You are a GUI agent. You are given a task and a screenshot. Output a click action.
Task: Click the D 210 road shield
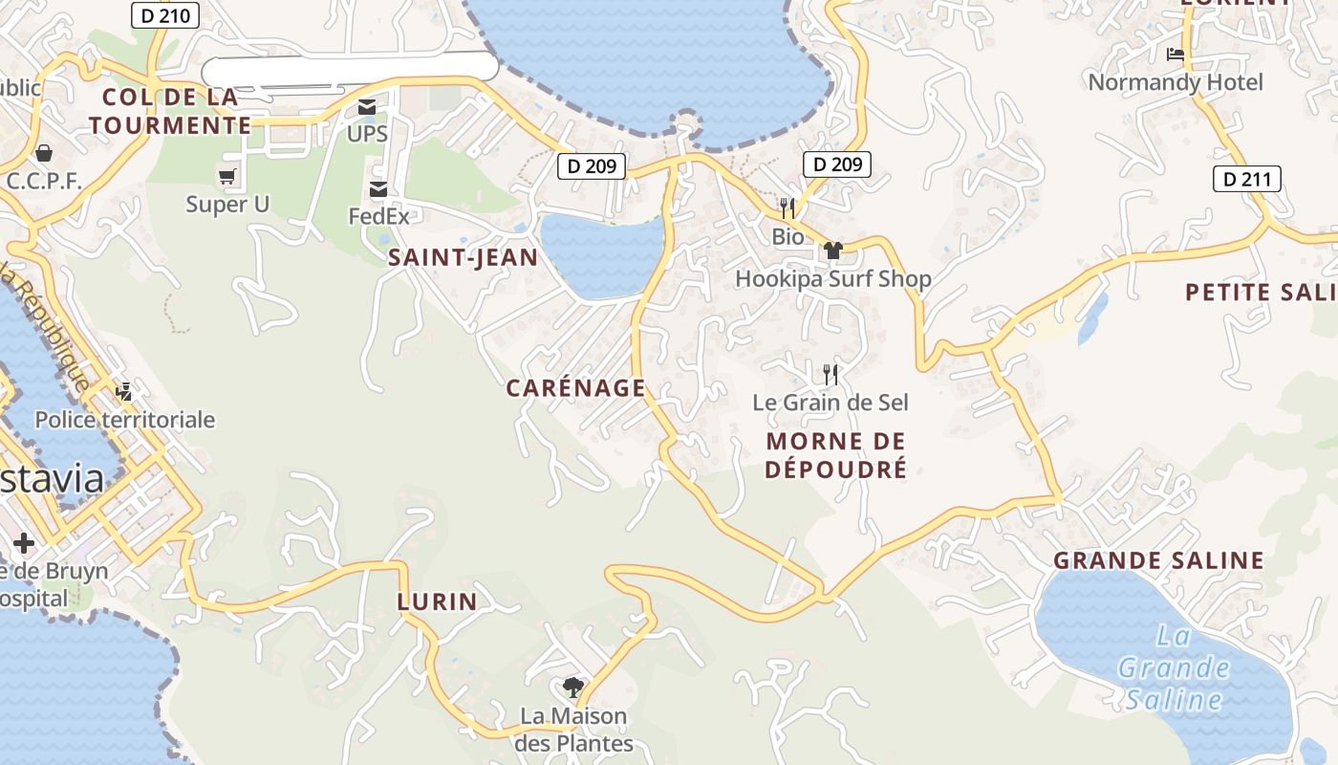point(164,14)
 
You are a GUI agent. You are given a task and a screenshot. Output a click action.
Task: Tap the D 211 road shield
point(1246,178)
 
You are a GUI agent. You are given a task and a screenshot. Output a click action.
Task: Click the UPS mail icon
point(367,107)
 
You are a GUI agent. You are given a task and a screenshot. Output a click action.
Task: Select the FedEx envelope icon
point(378,189)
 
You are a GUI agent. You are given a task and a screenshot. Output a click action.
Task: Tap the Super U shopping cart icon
point(227,176)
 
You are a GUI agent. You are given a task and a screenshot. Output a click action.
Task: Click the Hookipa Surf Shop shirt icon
point(832,251)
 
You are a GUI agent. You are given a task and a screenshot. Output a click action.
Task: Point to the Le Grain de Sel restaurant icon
point(831,374)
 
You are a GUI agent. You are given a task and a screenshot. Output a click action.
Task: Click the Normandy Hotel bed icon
point(1176,55)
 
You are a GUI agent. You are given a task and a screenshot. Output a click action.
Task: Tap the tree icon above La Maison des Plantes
point(573,687)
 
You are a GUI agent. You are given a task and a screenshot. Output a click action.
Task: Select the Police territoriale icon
point(124,392)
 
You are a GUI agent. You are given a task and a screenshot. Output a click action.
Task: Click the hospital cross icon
point(24,544)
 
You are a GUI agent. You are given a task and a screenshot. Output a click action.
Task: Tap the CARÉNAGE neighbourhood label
point(575,387)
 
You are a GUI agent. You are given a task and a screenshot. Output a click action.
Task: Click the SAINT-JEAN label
point(463,257)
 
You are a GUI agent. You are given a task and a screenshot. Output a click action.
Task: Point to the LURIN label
point(437,601)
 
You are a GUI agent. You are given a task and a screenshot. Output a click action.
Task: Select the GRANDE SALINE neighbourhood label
point(1158,560)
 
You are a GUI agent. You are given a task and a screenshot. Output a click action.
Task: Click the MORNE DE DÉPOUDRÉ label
point(835,455)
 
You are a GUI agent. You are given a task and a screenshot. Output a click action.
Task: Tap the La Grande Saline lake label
point(1174,667)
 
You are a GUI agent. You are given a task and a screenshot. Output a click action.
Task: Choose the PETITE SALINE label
point(1260,293)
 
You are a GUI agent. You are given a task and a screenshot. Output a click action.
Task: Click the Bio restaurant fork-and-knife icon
point(788,208)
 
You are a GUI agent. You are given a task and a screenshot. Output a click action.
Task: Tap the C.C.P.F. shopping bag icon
point(44,153)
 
